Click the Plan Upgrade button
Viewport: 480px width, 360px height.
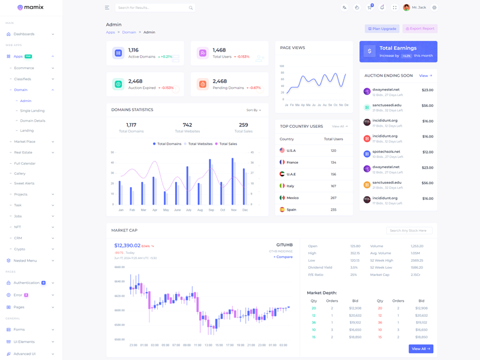click(x=382, y=29)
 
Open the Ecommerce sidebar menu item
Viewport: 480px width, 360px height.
click(x=25, y=68)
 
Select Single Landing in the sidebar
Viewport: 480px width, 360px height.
click(x=32, y=111)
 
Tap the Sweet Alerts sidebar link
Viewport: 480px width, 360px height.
click(x=25, y=184)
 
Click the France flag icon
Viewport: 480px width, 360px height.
click(x=282, y=162)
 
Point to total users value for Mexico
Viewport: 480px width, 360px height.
click(x=334, y=198)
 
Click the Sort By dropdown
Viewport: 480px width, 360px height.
click(x=254, y=110)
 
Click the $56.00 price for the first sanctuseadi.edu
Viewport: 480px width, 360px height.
click(x=427, y=106)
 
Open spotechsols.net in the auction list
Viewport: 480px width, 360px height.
click(x=386, y=152)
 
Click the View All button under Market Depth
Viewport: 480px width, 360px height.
click(x=421, y=349)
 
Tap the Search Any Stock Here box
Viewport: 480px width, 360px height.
click(x=409, y=230)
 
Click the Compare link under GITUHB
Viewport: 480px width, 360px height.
click(x=283, y=257)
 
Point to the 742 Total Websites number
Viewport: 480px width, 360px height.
click(x=187, y=125)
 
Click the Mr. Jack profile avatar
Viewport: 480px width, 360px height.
click(x=406, y=8)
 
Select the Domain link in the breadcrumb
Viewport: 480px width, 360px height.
click(x=129, y=32)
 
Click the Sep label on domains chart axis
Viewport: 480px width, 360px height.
click(x=211, y=210)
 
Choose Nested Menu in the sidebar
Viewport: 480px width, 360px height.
click(x=26, y=261)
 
